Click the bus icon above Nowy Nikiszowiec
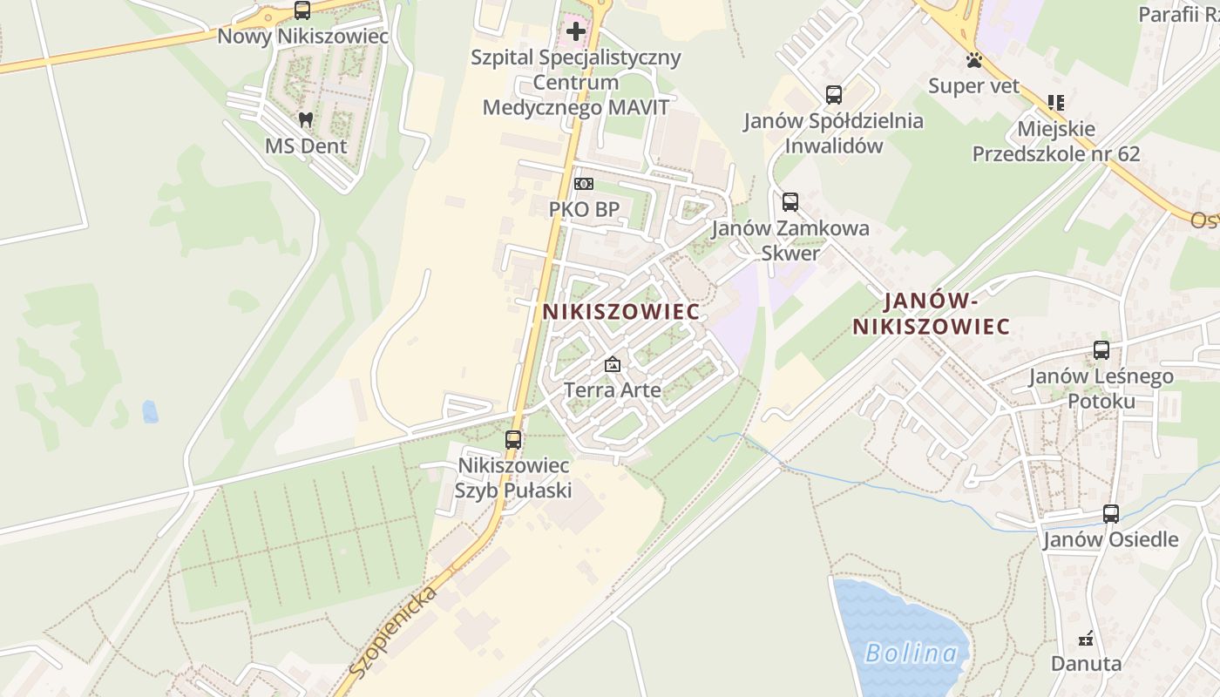click(302, 10)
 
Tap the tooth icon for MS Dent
click(305, 119)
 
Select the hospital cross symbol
click(575, 32)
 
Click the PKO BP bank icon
click(583, 184)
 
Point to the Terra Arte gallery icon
click(613, 364)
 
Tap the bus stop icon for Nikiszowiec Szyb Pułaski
click(513, 440)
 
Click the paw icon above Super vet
click(973, 60)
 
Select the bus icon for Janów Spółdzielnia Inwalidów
click(833, 95)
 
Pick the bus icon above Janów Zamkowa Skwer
click(790, 202)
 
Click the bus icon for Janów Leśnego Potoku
click(1101, 350)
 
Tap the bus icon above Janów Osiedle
click(1110, 514)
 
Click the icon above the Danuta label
click(1086, 639)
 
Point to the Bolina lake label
click(911, 653)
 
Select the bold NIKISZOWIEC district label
click(620, 312)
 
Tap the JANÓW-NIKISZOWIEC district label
click(931, 315)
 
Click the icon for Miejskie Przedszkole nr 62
click(1056, 103)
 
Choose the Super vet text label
click(973, 85)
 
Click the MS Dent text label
click(306, 145)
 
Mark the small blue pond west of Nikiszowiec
click(150, 411)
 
